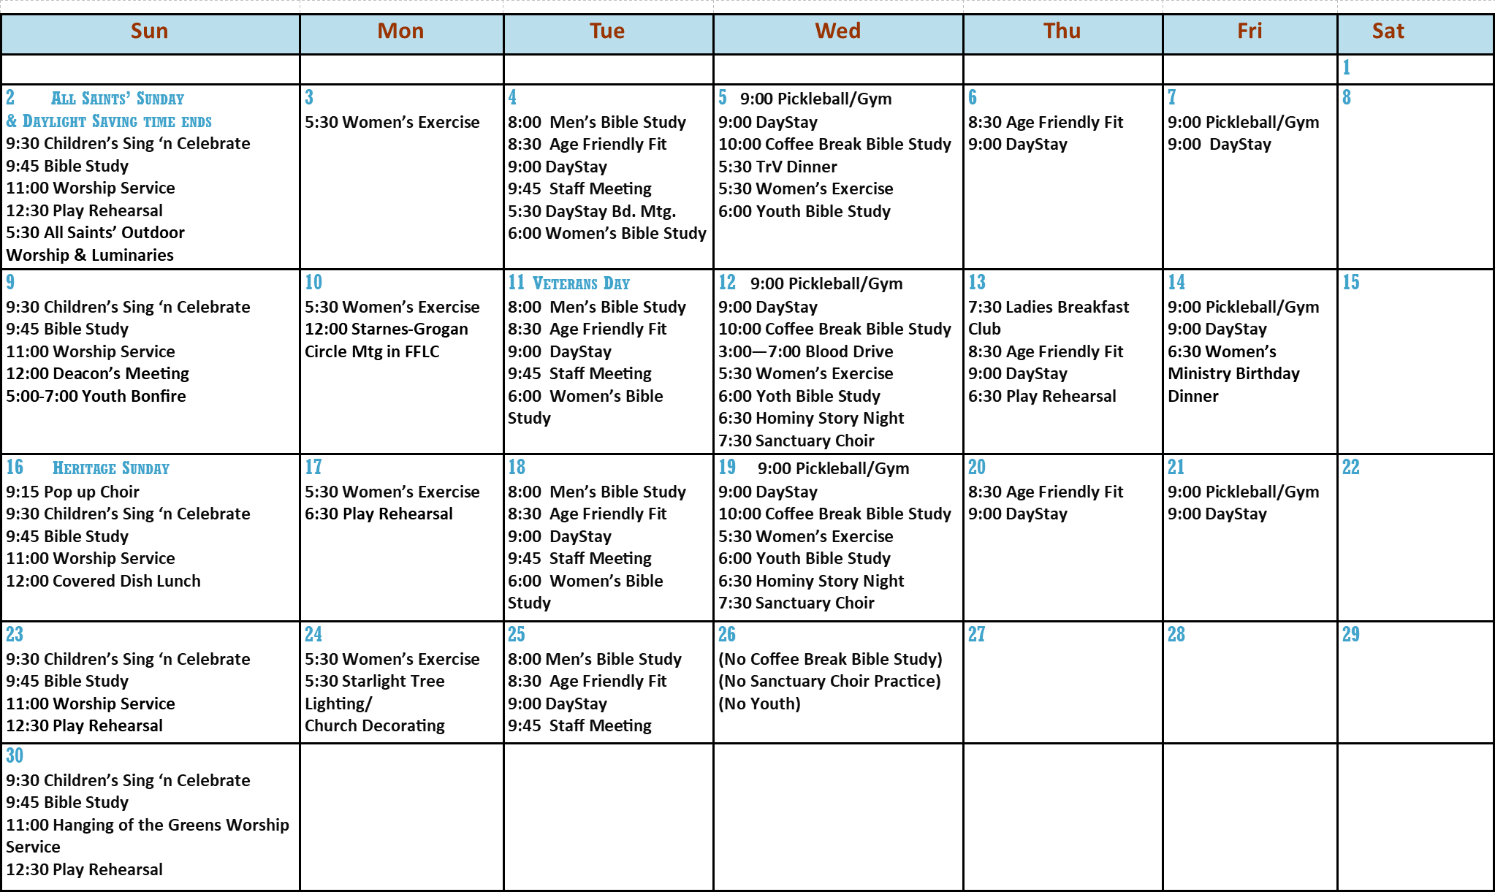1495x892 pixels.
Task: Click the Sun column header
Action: pyautogui.click(x=150, y=31)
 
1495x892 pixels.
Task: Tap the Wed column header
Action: pyautogui.click(x=838, y=31)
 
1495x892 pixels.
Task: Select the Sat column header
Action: pyautogui.click(x=1388, y=31)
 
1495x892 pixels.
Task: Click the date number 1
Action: pyautogui.click(x=1346, y=68)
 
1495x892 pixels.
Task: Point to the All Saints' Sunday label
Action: pyautogui.click(x=118, y=99)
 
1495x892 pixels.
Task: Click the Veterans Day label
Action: pyautogui.click(x=581, y=283)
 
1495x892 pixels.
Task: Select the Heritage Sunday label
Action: pyautogui.click(x=111, y=468)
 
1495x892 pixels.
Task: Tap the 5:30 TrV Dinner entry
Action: pyautogui.click(x=777, y=167)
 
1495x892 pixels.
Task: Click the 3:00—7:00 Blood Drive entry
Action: pyautogui.click(x=805, y=351)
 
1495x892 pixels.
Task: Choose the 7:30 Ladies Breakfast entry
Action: pyautogui.click(x=1049, y=307)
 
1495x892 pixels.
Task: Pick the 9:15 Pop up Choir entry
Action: pyautogui.click(x=72, y=492)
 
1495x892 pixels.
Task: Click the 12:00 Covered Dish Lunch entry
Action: pyautogui.click(x=103, y=581)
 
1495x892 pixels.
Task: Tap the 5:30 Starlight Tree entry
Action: pyautogui.click(x=374, y=681)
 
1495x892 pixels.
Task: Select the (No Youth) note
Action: pyautogui.click(x=759, y=704)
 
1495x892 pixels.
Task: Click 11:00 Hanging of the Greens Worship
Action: pyautogui.click(x=148, y=825)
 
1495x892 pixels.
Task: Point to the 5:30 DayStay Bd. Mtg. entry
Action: pyautogui.click(x=592, y=211)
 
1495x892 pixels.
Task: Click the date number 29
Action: pyautogui.click(x=1350, y=634)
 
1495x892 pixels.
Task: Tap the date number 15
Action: pyautogui.click(x=1350, y=282)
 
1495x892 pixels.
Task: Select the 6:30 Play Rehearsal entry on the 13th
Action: pyautogui.click(x=1042, y=396)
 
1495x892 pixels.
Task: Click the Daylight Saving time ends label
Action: pyautogui.click(x=110, y=121)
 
